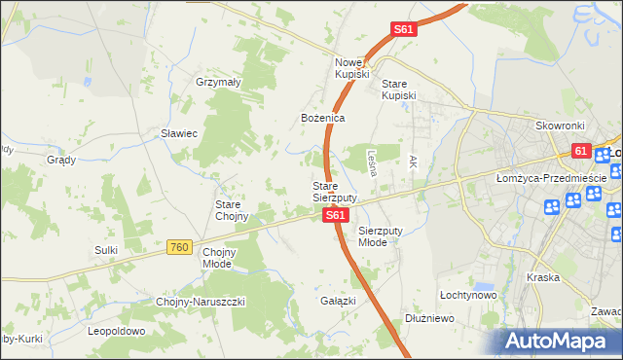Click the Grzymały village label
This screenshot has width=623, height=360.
[x=218, y=83]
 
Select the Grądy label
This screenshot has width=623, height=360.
[x=61, y=160]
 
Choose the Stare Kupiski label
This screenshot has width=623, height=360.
[x=399, y=89]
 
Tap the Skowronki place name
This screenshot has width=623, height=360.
[x=559, y=126]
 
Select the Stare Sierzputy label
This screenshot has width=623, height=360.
[x=334, y=191]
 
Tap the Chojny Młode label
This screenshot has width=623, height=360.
[x=222, y=258]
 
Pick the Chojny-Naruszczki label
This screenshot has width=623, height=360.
[x=201, y=302]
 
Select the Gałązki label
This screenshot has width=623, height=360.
[x=338, y=302]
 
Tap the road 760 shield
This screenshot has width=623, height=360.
[x=178, y=248]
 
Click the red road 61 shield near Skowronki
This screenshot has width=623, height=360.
[x=581, y=151]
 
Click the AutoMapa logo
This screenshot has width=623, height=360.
[x=558, y=341]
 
